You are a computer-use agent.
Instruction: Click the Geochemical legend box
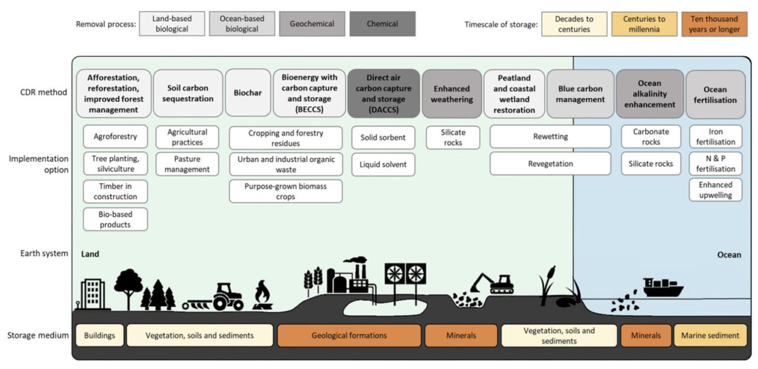312,24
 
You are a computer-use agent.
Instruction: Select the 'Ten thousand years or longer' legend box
714,24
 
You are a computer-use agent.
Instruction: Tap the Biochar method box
248,93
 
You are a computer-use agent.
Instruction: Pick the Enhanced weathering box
451,94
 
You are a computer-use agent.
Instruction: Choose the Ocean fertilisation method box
715,94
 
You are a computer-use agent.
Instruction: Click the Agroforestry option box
115,136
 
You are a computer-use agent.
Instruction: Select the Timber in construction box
115,191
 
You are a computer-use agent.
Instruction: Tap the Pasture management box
187,164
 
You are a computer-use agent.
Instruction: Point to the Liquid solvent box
383,164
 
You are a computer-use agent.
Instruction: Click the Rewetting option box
550,136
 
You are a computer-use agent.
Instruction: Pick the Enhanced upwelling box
715,190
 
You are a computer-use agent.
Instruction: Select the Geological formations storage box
349,335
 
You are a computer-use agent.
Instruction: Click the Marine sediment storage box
710,335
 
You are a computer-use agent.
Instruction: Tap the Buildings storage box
99,335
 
